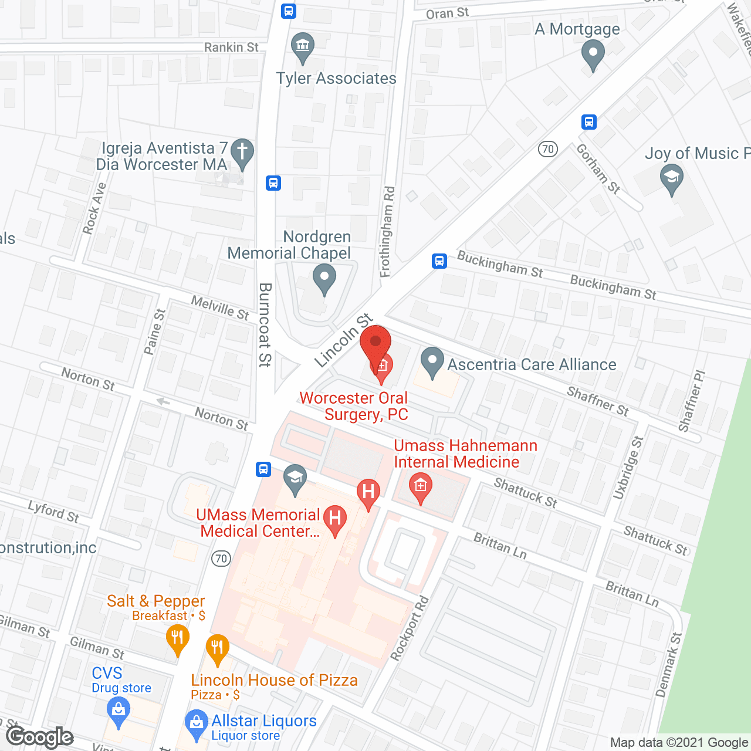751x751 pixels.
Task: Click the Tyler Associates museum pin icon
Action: [303, 46]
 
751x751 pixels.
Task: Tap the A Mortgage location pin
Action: [593, 55]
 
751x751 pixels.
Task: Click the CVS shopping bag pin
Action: [119, 713]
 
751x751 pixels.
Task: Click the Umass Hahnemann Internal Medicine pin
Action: [420, 488]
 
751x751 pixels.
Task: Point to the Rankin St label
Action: [231, 47]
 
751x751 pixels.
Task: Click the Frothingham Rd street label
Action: [387, 231]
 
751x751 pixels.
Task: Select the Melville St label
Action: [220, 307]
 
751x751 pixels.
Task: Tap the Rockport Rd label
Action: [410, 628]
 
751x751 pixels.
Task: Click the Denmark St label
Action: [668, 665]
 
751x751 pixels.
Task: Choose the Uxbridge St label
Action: [628, 468]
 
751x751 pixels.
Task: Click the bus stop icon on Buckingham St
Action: [439, 261]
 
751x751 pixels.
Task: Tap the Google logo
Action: [40, 737]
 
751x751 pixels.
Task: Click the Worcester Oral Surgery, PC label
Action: [354, 406]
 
